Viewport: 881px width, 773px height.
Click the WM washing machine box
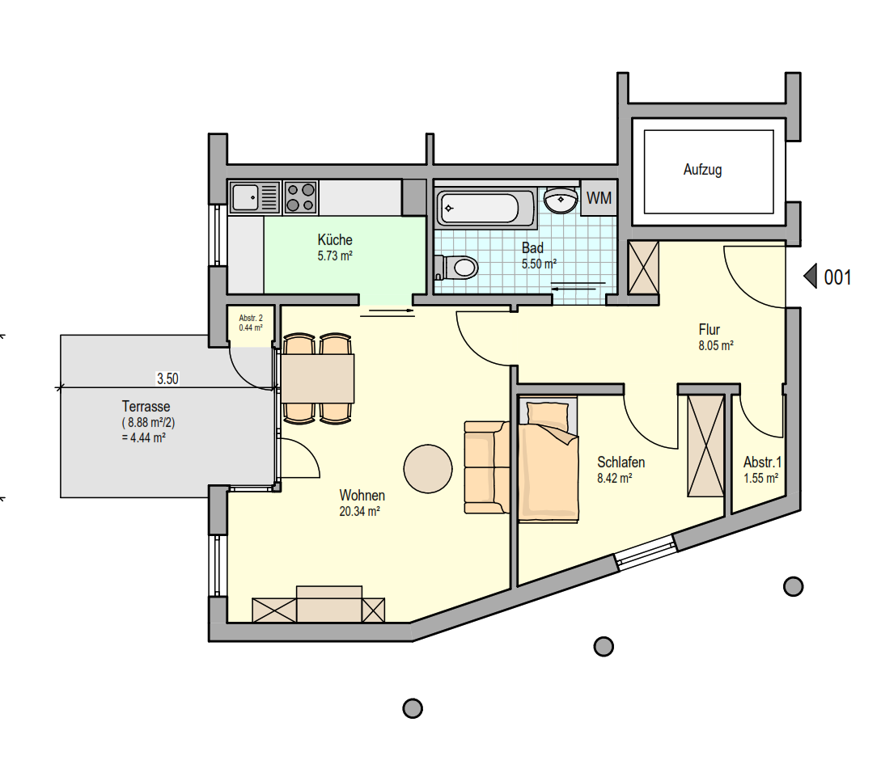click(599, 198)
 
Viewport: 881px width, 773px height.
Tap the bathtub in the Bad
click(485, 208)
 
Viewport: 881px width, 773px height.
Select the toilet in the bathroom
click(456, 267)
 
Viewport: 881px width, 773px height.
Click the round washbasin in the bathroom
click(561, 201)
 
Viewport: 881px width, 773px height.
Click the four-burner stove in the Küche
click(301, 197)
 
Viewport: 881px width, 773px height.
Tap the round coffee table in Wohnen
click(428, 468)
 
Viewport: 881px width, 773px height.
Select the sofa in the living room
click(486, 467)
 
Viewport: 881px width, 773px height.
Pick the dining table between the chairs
click(317, 378)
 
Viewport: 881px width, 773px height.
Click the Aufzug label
click(702, 170)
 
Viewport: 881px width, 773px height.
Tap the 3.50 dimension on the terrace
click(167, 378)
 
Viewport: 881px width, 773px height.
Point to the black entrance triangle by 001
click(810, 277)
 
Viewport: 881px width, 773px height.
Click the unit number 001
click(837, 277)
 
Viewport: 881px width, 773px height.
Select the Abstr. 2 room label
click(251, 318)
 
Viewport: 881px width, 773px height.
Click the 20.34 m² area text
click(359, 511)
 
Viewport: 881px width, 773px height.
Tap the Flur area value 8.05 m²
click(716, 345)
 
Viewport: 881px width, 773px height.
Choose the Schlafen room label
click(621, 463)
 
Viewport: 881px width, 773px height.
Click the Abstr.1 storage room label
click(762, 463)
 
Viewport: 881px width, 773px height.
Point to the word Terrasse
click(146, 406)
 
